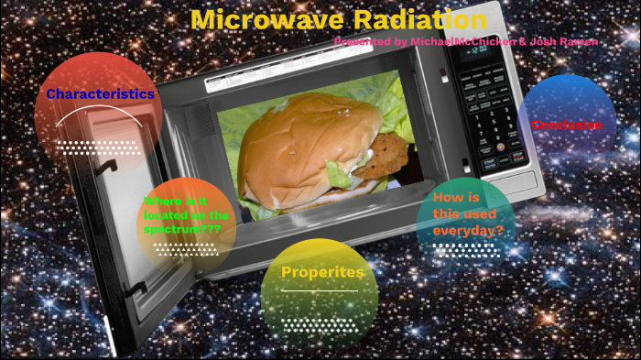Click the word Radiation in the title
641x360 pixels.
[407, 20]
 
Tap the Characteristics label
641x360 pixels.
[100, 93]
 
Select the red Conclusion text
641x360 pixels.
[567, 125]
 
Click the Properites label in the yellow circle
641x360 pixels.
[322, 272]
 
